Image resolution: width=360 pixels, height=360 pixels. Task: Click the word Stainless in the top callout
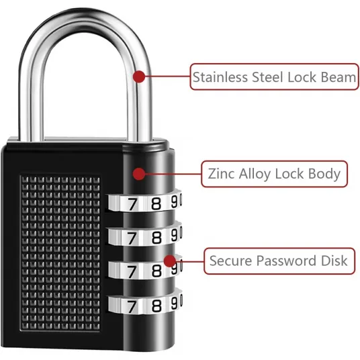[220, 77]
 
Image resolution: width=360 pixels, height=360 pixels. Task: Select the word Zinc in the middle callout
[222, 173]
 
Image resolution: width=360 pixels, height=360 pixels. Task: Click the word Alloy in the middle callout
[255, 174]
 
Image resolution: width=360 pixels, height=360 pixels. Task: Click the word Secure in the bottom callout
[231, 261]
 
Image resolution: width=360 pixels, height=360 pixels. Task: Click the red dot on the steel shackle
[139, 77]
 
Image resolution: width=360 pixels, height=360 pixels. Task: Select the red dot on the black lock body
[139, 174]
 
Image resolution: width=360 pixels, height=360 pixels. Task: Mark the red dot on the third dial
[170, 261]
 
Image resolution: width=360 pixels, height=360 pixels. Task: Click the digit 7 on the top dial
[132, 204]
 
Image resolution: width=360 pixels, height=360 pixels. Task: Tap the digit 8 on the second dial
[156, 237]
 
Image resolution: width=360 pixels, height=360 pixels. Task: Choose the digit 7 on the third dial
[132, 271]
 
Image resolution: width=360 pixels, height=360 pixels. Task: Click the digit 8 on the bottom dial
[156, 306]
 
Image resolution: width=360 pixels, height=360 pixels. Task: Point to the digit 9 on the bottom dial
[175, 303]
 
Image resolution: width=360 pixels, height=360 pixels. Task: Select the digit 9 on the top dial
[175, 201]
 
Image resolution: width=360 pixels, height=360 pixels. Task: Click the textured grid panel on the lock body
[60, 253]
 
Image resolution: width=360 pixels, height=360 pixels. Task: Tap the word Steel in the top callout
[268, 77]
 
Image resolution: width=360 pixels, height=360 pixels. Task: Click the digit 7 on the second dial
[132, 238]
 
